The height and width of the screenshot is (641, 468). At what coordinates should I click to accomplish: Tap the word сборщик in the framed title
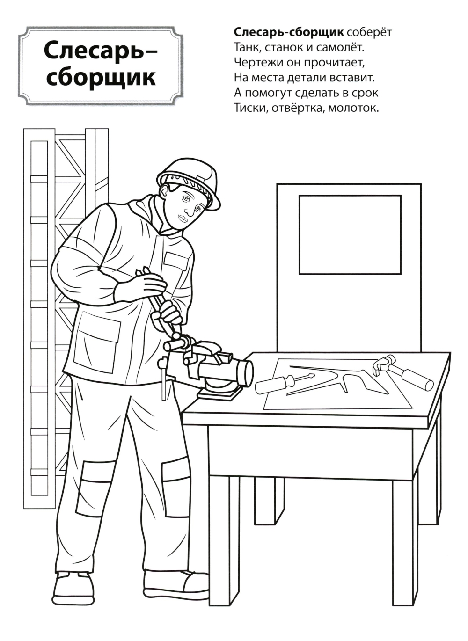pos(101,78)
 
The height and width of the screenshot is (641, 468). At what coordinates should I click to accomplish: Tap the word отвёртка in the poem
pos(298,108)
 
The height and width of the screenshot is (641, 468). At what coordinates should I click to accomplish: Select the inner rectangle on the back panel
pos(350,235)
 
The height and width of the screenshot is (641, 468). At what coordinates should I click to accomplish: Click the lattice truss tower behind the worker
pos(66,286)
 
